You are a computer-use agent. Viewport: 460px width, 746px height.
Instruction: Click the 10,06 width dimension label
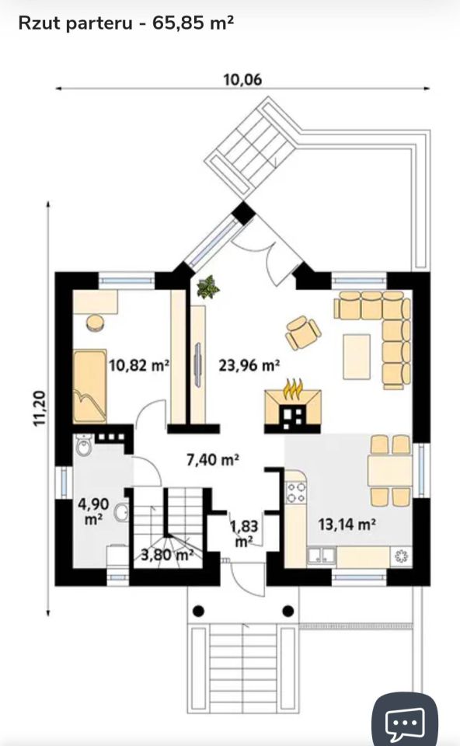[x=242, y=79]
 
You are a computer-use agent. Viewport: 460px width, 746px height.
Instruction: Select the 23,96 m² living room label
[x=249, y=365]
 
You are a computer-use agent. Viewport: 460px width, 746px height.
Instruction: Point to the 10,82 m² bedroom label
[x=139, y=365]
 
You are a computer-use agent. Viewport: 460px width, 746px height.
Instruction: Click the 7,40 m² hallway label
[x=213, y=459]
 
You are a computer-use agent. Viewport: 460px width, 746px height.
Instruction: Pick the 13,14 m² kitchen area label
[x=347, y=525]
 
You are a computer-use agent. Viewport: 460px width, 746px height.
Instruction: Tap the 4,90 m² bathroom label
[x=94, y=511]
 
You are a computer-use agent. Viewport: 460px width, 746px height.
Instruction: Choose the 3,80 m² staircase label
[x=167, y=554]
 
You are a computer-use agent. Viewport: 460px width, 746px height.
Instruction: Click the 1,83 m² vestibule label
[x=244, y=533]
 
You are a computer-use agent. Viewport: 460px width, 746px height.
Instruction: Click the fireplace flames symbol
[x=293, y=389]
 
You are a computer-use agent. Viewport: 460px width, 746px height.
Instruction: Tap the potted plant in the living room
[x=207, y=287]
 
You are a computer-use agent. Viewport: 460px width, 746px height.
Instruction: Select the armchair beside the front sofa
[x=303, y=332]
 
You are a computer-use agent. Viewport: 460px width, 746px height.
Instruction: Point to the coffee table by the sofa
[x=357, y=357]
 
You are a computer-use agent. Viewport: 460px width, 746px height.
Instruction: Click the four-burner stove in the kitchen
[x=295, y=493]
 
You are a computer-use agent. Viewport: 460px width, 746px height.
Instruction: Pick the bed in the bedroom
[x=90, y=386]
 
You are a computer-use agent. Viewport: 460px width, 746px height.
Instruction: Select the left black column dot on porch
[x=199, y=611]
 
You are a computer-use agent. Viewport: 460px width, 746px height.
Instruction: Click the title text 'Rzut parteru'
[x=75, y=23]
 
